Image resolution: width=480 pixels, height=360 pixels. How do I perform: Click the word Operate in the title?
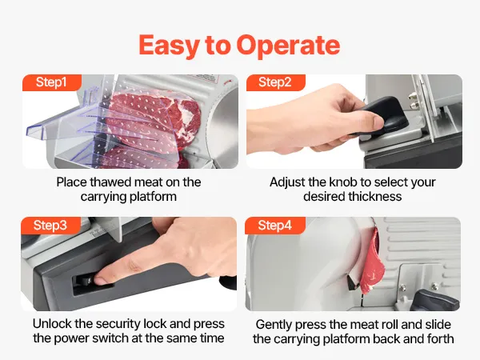pos(288,45)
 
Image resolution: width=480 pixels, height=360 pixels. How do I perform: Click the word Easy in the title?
pos(169,46)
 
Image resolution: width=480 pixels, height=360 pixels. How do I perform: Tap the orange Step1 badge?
pos(52,82)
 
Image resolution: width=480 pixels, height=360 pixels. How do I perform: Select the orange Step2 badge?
pos(275,82)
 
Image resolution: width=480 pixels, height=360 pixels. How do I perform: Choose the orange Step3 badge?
pos(50,226)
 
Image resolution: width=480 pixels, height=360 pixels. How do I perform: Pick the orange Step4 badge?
pos(275,226)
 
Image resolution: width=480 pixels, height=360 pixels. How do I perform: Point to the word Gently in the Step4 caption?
pos(274,325)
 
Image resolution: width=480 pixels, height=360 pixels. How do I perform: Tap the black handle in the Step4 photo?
pos(434,300)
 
